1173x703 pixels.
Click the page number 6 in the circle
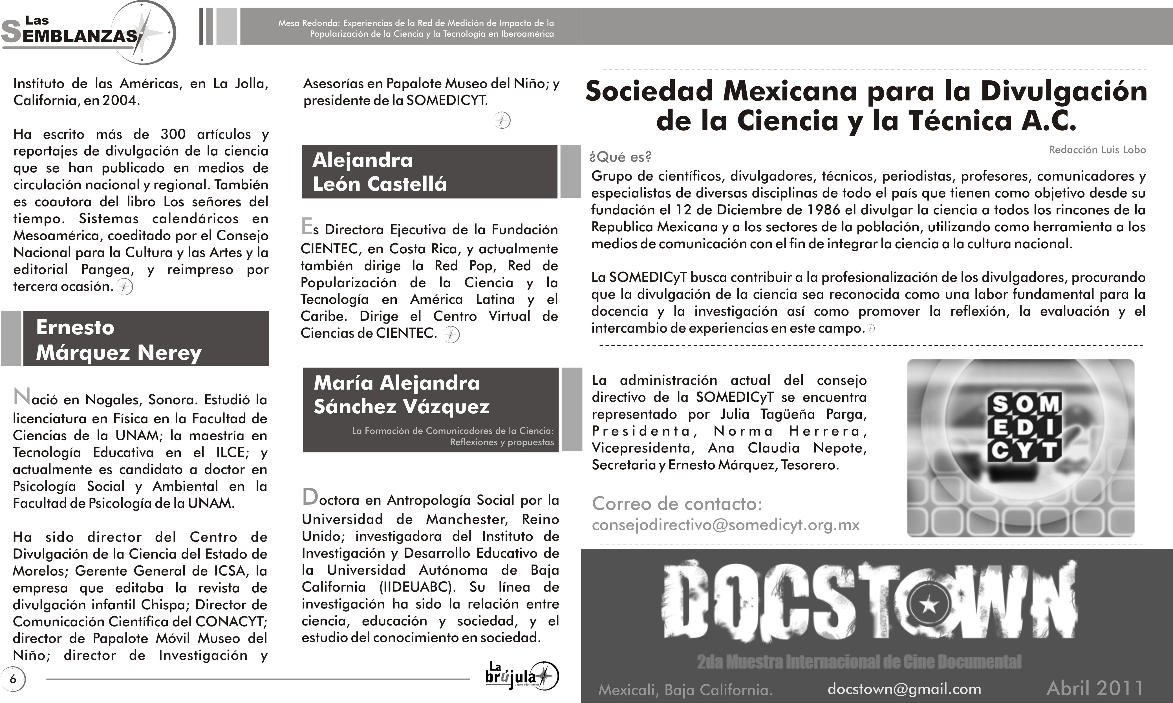click(x=13, y=679)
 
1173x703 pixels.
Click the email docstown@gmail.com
click(x=904, y=689)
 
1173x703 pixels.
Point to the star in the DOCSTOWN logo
click(x=928, y=605)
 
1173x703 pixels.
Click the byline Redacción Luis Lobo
click(x=1097, y=150)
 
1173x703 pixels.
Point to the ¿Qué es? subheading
click(x=620, y=157)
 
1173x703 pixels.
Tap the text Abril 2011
click(x=1094, y=688)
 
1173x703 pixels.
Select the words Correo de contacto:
click(x=677, y=504)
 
